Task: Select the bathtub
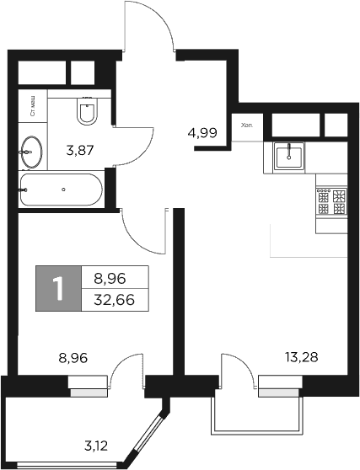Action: coord(61,190)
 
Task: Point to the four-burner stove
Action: coord(331,201)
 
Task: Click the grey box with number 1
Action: coord(58,288)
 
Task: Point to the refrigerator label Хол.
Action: coord(247,125)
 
